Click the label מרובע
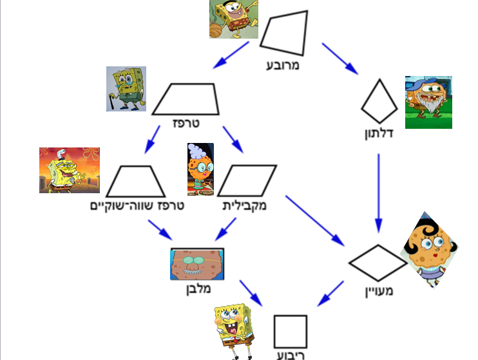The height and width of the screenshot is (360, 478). (x=284, y=65)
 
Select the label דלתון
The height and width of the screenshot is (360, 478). (x=378, y=135)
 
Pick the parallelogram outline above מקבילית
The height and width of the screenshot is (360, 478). (x=247, y=180)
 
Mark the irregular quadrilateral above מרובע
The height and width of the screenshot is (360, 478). (x=284, y=33)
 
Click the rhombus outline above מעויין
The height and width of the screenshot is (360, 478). (x=378, y=263)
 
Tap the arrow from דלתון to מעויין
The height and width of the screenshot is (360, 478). (x=378, y=193)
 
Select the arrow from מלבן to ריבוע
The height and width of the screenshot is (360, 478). (x=251, y=292)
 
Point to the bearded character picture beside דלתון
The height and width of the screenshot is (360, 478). (x=428, y=102)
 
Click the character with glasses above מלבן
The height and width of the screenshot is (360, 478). (x=196, y=263)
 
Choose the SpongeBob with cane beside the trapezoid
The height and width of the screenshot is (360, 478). (x=126, y=89)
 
